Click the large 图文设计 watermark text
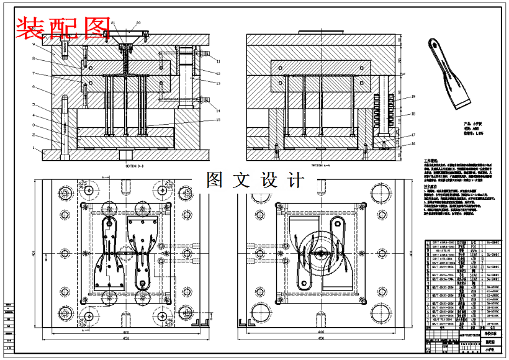click(x=255, y=181)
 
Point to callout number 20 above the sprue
click(x=138, y=22)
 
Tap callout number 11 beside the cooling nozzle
click(x=218, y=61)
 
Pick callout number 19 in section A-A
click(x=412, y=97)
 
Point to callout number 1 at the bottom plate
click(x=34, y=148)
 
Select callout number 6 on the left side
click(x=34, y=87)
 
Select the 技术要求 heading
click(x=431, y=186)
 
